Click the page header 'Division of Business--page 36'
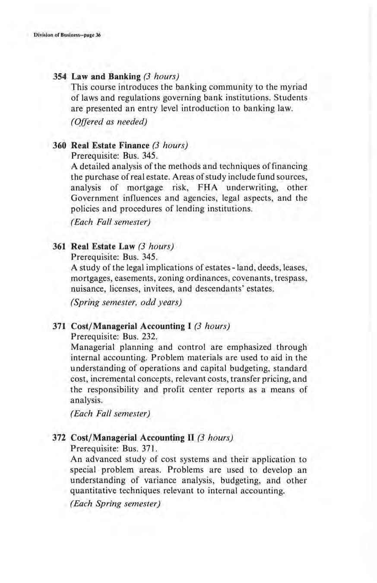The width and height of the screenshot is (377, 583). pos(67,35)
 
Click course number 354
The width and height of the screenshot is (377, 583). pos(59,77)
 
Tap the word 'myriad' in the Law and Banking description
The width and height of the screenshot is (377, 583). pos(291,88)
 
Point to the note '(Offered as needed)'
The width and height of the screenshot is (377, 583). pos(109,122)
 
